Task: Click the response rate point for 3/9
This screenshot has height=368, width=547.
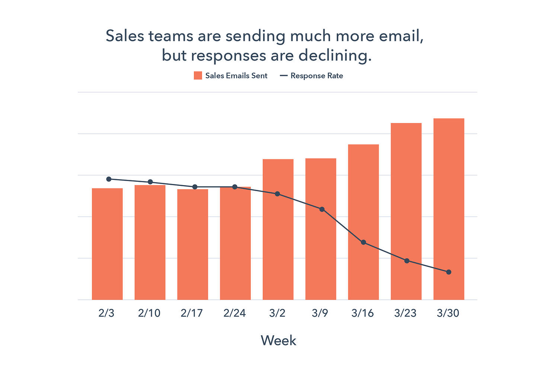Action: pyautogui.click(x=322, y=209)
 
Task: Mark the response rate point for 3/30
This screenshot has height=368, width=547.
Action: pyautogui.click(x=449, y=272)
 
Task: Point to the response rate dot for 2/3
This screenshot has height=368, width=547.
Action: pyautogui.click(x=109, y=179)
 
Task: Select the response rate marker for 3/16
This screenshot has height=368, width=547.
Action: pyautogui.click(x=364, y=242)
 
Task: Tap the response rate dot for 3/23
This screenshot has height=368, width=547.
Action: pyautogui.click(x=407, y=261)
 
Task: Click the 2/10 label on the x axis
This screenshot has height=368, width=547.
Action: pyautogui.click(x=149, y=313)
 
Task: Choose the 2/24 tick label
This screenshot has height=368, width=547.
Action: pyautogui.click(x=234, y=313)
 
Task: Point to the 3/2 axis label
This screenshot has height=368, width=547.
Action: pyautogui.click(x=277, y=313)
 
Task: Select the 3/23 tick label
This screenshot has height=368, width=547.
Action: pyautogui.click(x=405, y=313)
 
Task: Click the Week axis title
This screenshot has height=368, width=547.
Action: pyautogui.click(x=278, y=340)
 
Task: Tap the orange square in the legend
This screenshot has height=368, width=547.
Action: pyautogui.click(x=198, y=76)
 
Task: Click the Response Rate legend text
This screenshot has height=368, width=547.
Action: pyautogui.click(x=317, y=76)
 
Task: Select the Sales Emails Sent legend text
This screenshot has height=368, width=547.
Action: pyautogui.click(x=236, y=76)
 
